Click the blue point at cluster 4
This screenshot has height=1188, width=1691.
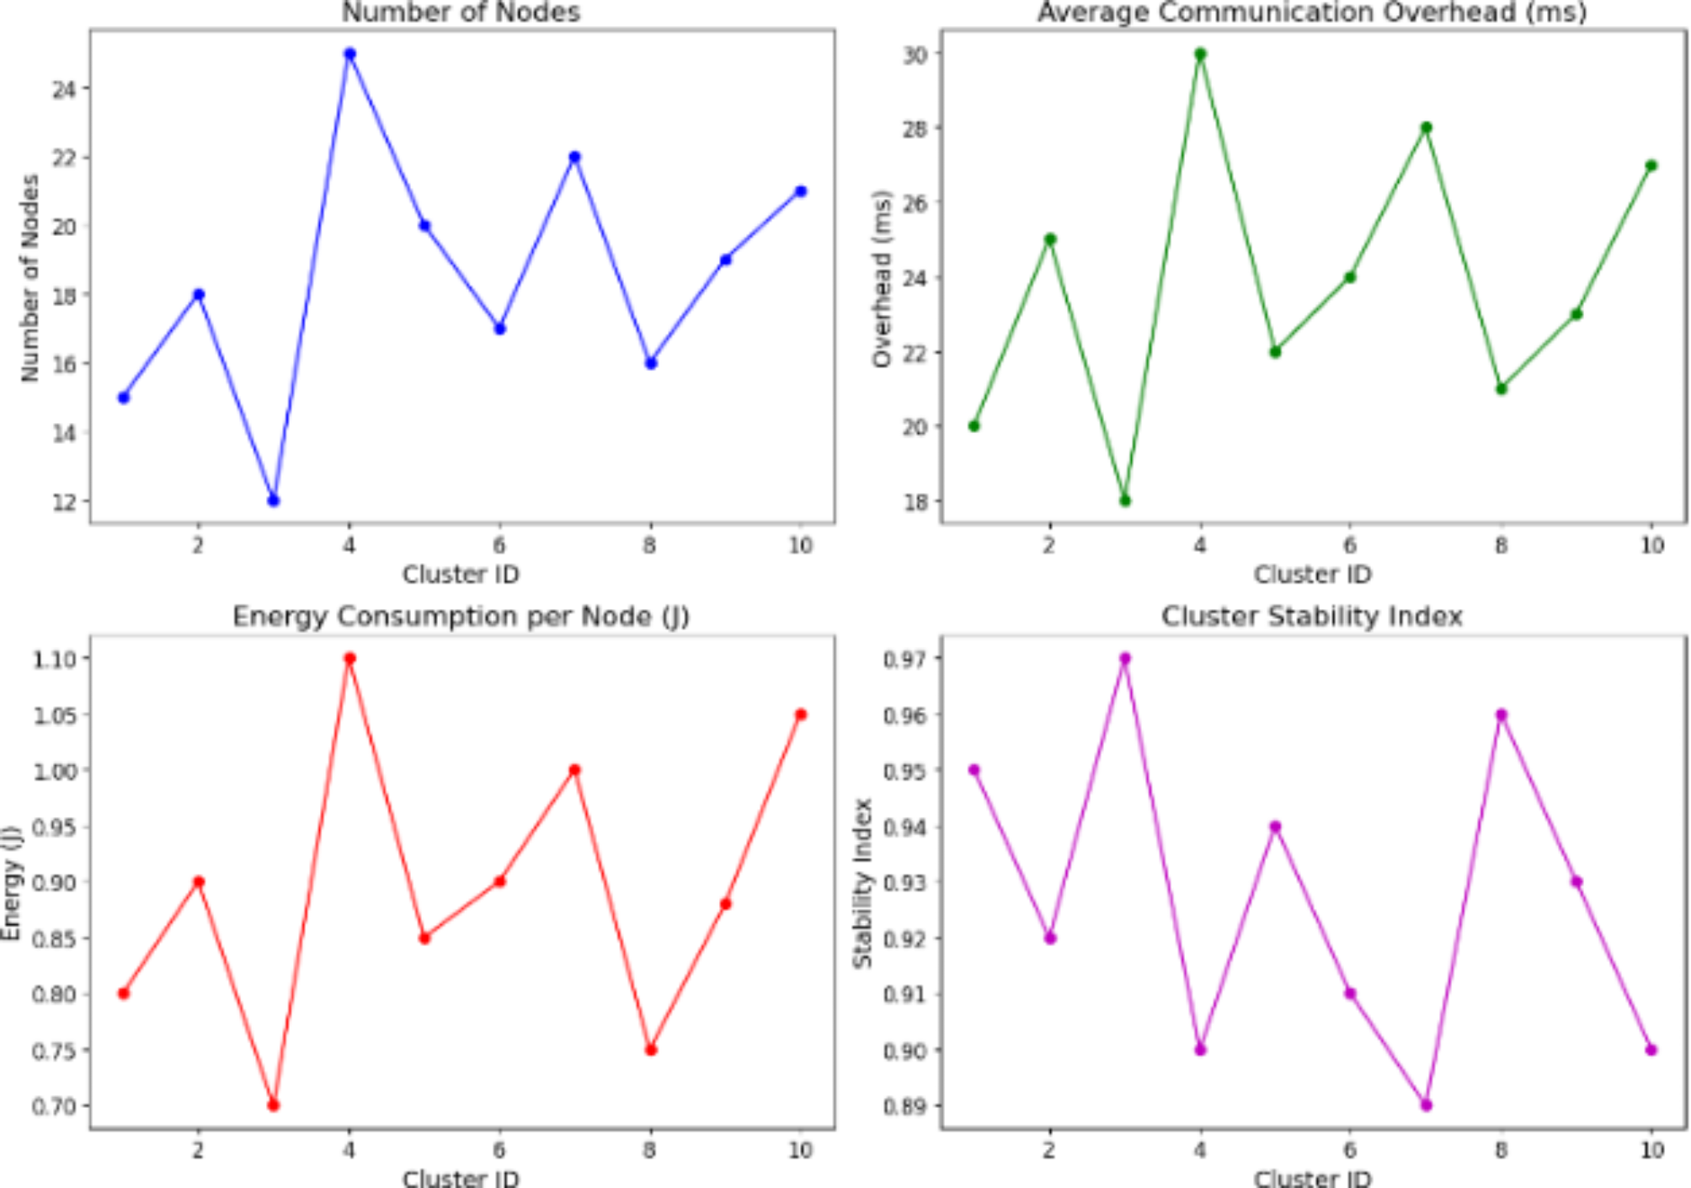[349, 54]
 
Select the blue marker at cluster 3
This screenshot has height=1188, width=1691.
[274, 500]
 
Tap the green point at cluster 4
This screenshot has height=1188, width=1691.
[1200, 54]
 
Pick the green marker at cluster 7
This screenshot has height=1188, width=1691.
[1426, 128]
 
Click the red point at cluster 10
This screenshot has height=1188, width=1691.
[801, 714]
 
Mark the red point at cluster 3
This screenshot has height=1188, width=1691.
[274, 1105]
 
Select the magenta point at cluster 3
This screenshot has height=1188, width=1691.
[1124, 658]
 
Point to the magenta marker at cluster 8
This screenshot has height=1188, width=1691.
[1501, 714]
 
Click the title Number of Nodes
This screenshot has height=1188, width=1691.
[461, 13]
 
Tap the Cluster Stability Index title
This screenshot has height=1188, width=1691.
[1311, 617]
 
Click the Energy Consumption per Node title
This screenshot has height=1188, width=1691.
[461, 617]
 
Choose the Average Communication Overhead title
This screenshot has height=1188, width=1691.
[1311, 13]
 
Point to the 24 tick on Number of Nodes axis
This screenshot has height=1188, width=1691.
[65, 89]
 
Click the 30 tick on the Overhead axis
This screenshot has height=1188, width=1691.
[915, 54]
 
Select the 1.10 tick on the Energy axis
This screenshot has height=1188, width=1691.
[56, 659]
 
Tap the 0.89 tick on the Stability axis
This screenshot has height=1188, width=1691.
[905, 1105]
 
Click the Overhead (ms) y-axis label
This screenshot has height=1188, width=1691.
[882, 278]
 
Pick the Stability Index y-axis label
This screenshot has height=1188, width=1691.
[862, 882]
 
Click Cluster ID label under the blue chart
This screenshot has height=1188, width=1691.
[461, 575]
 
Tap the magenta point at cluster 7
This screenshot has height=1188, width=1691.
[1426, 1105]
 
